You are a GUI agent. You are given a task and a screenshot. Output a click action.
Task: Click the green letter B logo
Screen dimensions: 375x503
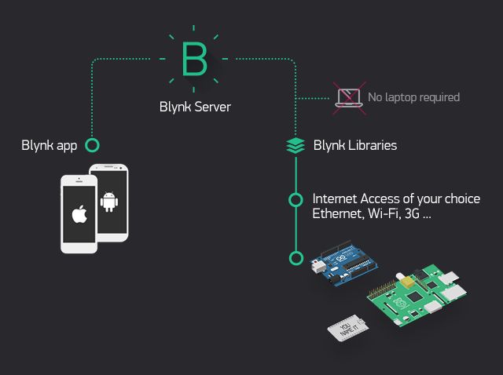pyautogui.click(x=193, y=58)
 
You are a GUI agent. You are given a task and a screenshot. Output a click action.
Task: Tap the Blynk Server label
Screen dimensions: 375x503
pyautogui.click(x=195, y=107)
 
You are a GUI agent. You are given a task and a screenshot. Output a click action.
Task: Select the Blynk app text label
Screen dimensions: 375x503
pyautogui.click(x=50, y=145)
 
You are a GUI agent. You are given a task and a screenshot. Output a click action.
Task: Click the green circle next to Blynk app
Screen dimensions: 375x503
pyautogui.click(x=92, y=145)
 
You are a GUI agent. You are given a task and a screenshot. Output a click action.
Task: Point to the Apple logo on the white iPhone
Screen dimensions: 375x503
pyautogui.click(x=78, y=214)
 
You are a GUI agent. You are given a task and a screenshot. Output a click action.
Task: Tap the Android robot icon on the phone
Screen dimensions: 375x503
pyautogui.click(x=108, y=202)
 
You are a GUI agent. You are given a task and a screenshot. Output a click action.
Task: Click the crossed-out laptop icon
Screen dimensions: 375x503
pyautogui.click(x=347, y=97)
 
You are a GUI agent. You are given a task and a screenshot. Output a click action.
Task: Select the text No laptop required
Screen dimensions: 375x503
pyautogui.click(x=413, y=97)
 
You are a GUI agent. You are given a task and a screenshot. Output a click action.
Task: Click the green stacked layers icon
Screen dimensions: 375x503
pyautogui.click(x=295, y=145)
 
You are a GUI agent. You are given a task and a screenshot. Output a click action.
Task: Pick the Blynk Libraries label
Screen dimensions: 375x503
pyautogui.click(x=354, y=145)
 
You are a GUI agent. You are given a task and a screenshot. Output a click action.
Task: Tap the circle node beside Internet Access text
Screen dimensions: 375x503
pyautogui.click(x=296, y=199)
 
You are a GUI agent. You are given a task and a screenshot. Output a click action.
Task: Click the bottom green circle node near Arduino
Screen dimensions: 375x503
pyautogui.click(x=296, y=257)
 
